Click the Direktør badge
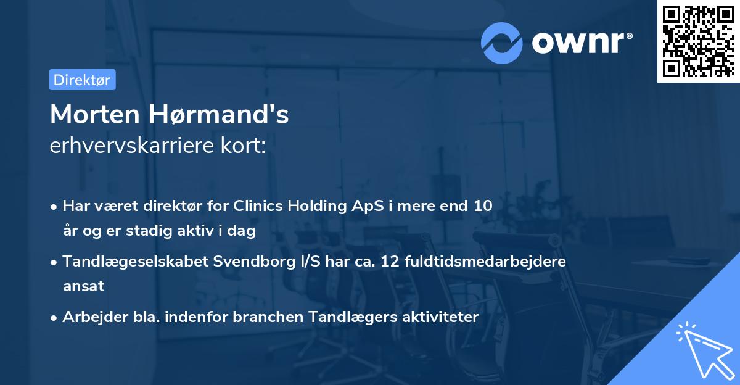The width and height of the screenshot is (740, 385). click(82, 80)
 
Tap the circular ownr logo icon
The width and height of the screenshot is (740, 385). click(502, 43)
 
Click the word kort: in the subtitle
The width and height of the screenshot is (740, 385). click(245, 146)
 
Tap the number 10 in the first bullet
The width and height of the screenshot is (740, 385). click(483, 206)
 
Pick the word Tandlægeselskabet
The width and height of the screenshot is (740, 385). click(135, 262)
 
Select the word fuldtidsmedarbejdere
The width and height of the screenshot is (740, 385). click(485, 262)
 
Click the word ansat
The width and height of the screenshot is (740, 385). click(83, 286)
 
